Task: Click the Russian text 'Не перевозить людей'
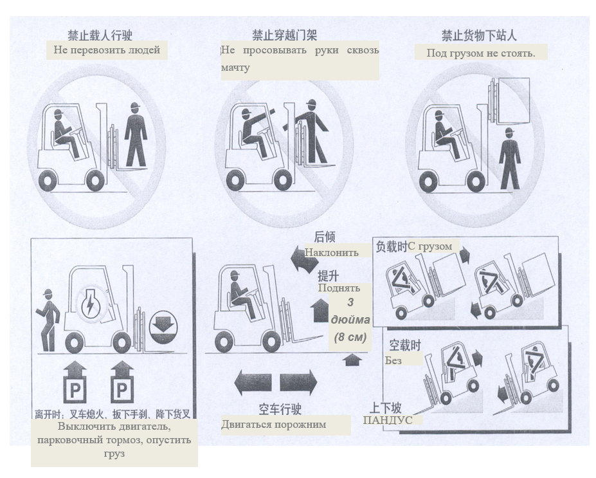(x=107, y=50)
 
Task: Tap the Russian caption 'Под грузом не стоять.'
(x=481, y=53)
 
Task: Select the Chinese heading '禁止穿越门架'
(x=284, y=35)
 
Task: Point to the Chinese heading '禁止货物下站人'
(x=479, y=35)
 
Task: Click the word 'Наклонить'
(x=331, y=252)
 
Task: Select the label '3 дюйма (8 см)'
(x=350, y=320)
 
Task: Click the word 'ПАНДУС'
(x=388, y=420)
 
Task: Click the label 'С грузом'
(x=429, y=246)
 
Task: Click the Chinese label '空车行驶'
(x=280, y=409)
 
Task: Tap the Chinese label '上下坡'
(x=385, y=408)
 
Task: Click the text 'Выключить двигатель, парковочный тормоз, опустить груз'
(x=114, y=440)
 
